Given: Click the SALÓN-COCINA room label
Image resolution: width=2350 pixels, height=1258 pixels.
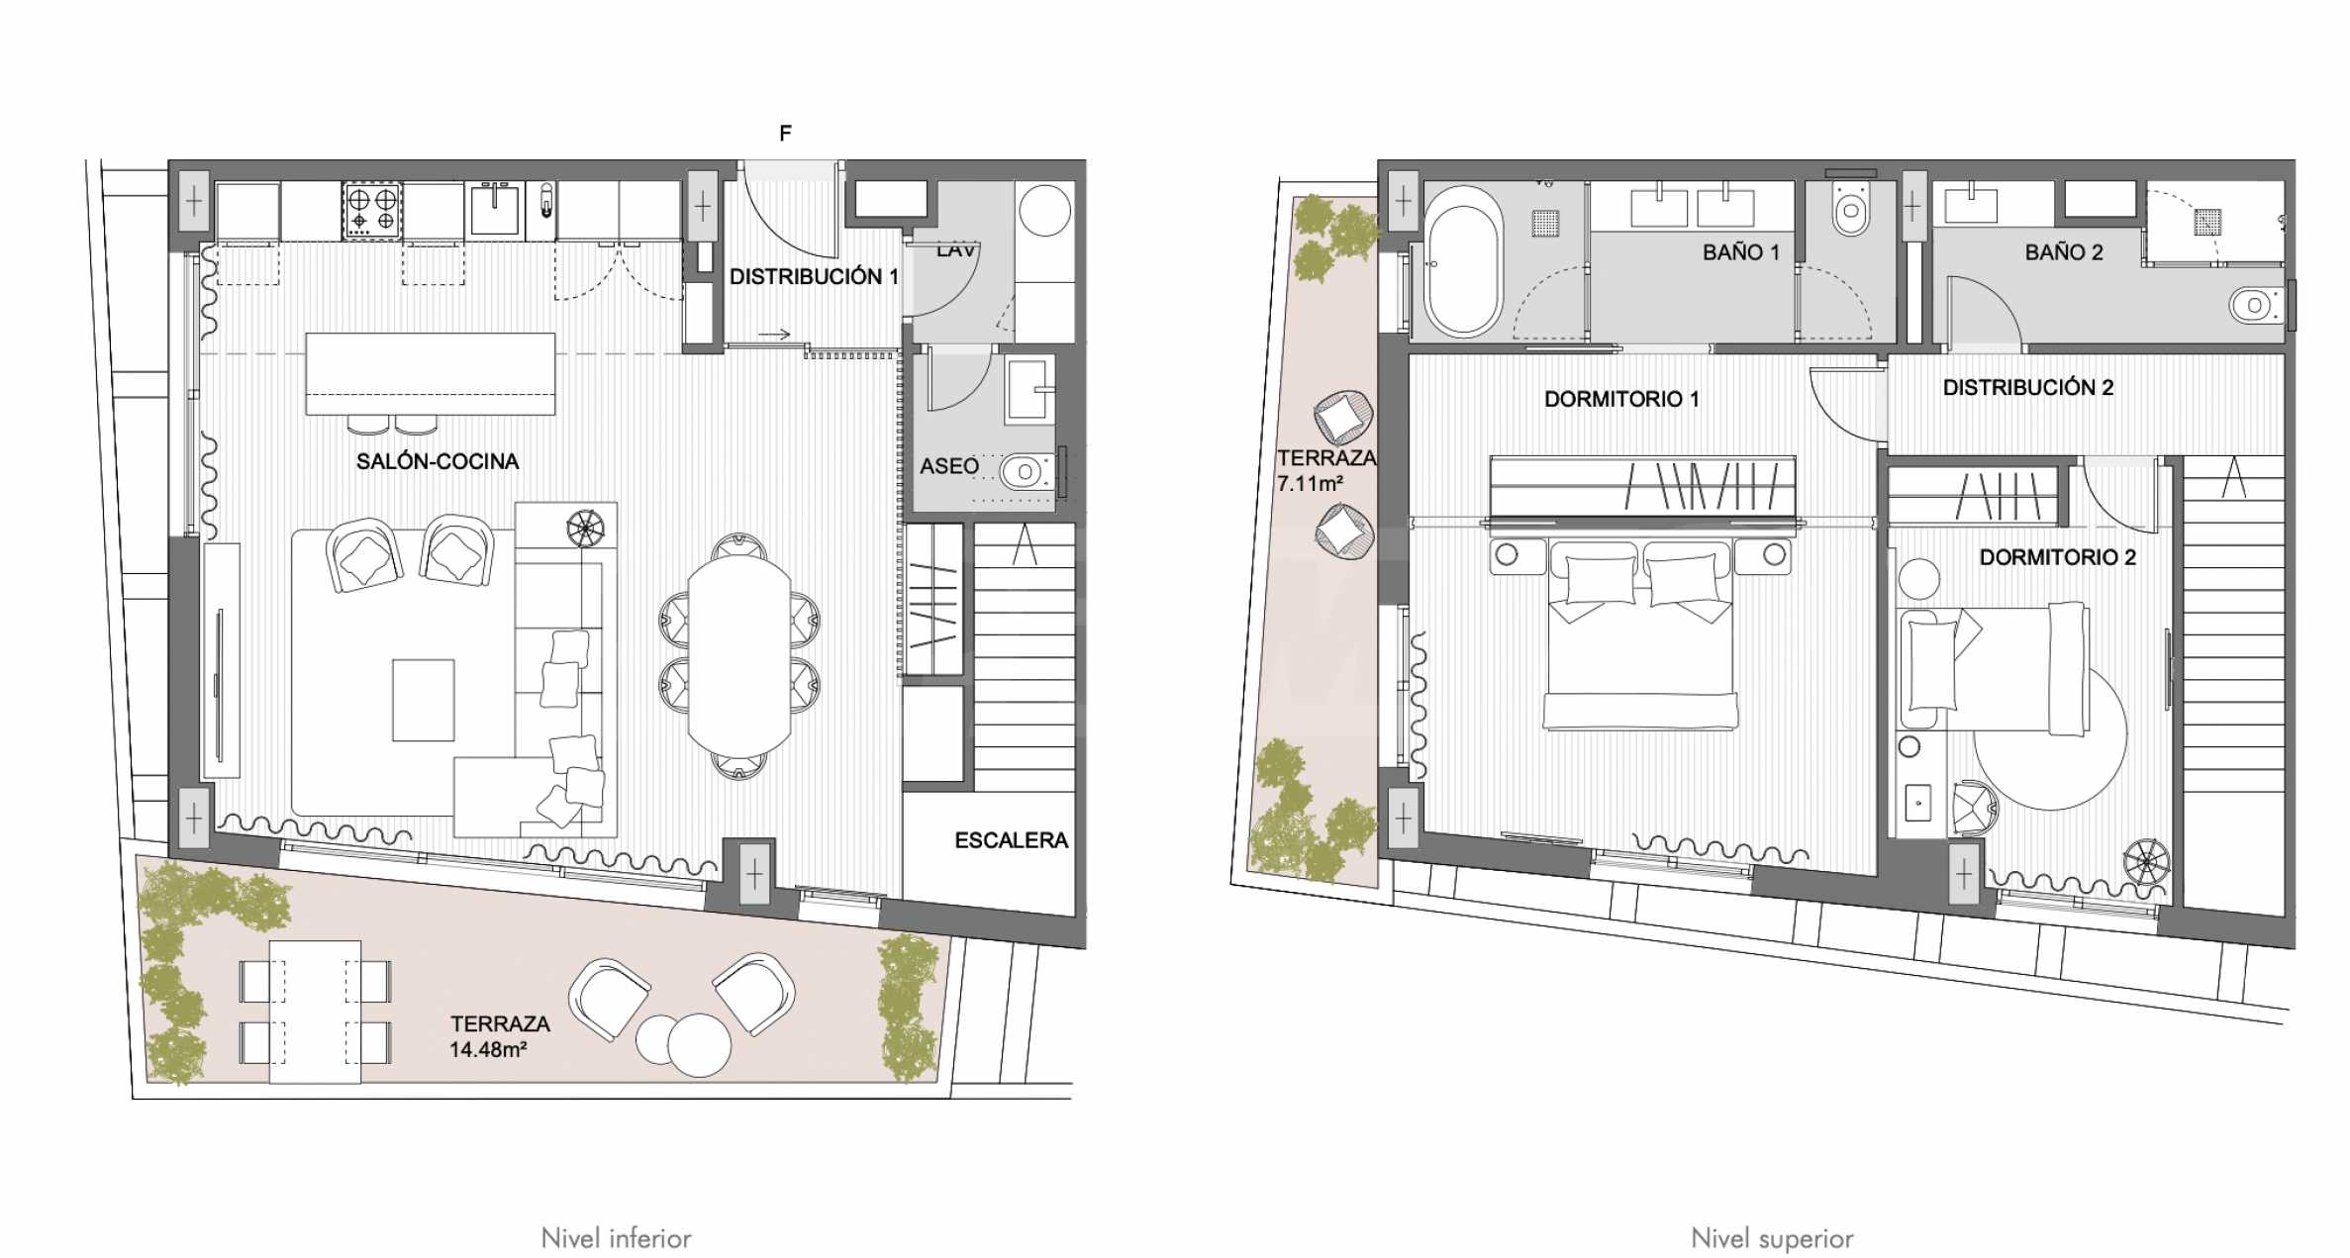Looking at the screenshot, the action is click(x=438, y=461).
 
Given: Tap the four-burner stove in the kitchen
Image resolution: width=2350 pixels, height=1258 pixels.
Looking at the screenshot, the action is click(x=372, y=210).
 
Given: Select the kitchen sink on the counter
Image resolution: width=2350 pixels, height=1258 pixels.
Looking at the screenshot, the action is click(x=494, y=209).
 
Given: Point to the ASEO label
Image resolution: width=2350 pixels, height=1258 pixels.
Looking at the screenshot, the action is click(x=949, y=466).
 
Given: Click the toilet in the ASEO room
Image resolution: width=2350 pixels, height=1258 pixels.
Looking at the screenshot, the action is click(x=1027, y=472).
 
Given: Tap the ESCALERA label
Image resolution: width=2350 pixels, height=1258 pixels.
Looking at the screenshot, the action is click(x=1012, y=840).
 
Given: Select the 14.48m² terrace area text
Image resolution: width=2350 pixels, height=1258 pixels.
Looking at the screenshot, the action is click(x=488, y=1050).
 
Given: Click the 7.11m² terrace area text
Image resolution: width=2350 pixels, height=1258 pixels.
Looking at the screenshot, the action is click(x=1310, y=484).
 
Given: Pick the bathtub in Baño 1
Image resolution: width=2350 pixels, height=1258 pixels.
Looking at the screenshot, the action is click(x=1463, y=260).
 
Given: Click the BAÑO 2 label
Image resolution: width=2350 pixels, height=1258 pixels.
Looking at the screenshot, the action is click(x=2064, y=252).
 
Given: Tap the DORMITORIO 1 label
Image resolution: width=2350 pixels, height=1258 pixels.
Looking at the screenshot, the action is click(x=1621, y=399).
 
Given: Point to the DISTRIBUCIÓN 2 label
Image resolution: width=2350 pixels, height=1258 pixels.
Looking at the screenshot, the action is click(x=2028, y=387).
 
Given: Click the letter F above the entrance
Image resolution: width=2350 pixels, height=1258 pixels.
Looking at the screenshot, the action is click(x=786, y=133).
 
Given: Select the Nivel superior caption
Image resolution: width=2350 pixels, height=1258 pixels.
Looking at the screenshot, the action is click(x=1772, y=1238).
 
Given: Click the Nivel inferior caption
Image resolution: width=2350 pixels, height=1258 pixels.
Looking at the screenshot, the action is click(x=616, y=1238).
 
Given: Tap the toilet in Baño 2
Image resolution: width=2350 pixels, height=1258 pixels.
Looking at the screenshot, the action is click(x=2257, y=305).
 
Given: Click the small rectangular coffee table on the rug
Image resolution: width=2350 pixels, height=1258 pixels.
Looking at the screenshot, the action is click(x=424, y=700).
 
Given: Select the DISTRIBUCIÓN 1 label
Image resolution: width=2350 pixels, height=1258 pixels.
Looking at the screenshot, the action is click(x=814, y=277).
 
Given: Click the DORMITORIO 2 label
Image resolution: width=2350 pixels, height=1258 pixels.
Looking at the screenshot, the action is click(x=2057, y=557).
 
